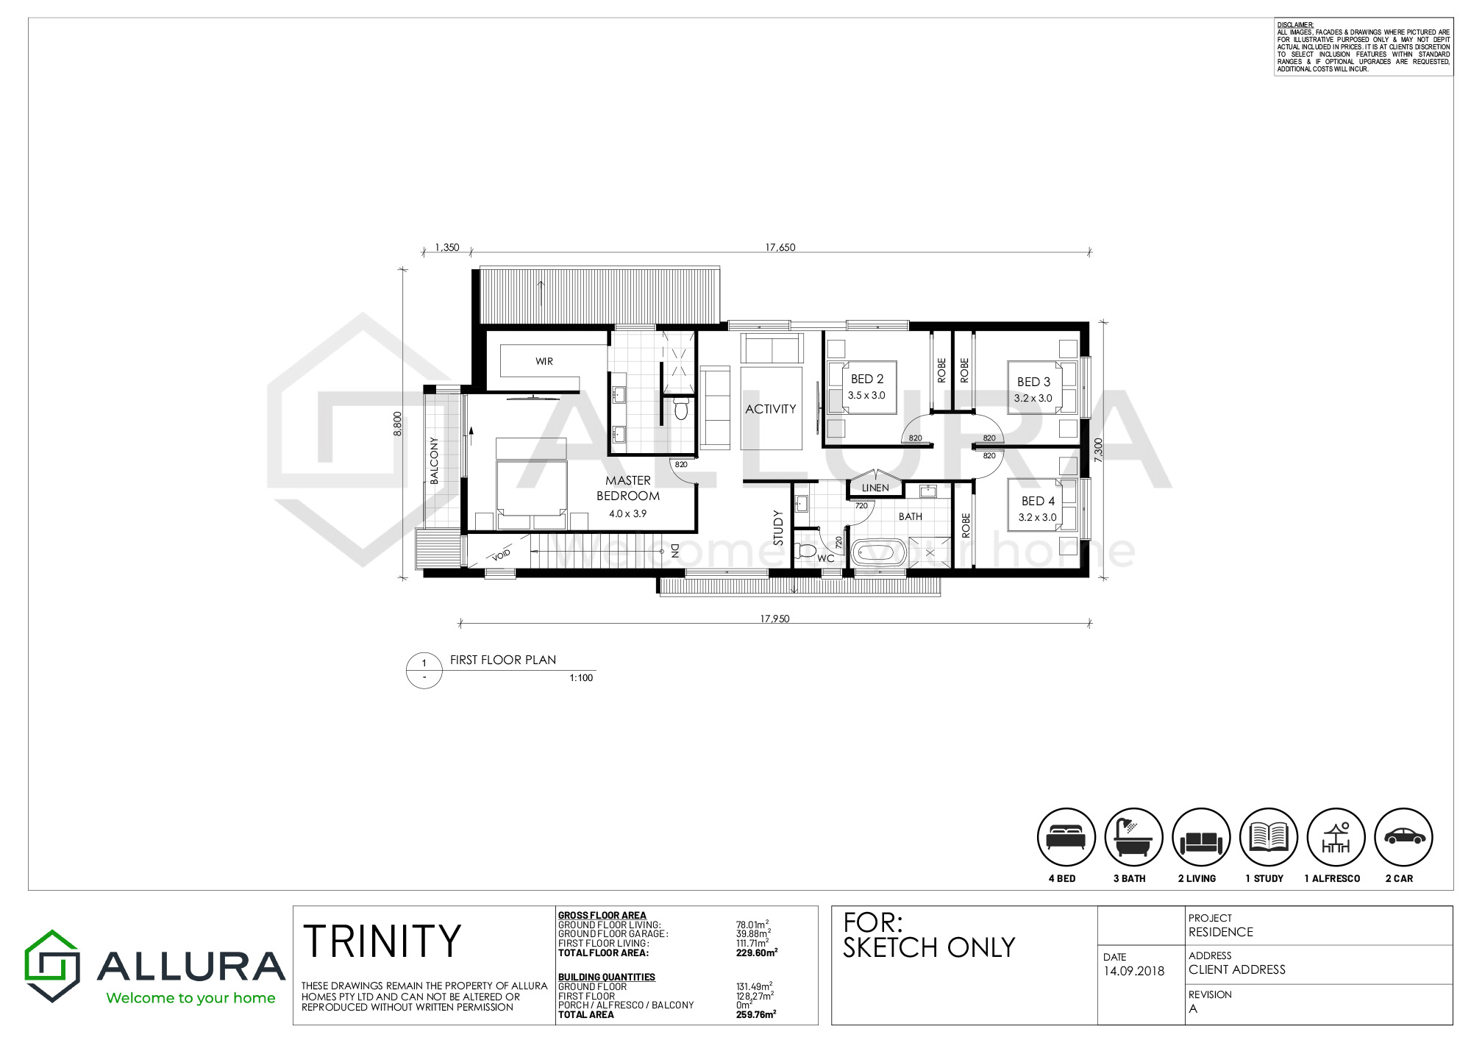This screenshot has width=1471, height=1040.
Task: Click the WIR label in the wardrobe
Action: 544,361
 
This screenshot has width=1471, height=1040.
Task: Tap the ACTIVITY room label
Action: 771,409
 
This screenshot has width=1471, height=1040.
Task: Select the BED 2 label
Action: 867,379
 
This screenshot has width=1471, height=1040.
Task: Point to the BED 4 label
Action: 1038,501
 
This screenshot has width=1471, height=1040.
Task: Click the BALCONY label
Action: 434,460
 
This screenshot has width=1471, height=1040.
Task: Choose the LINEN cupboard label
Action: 875,488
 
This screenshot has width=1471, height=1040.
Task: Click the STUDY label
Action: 778,528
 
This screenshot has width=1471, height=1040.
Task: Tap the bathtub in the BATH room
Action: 879,552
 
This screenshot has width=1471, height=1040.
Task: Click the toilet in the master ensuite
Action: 681,407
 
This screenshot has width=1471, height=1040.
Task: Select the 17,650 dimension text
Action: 780,247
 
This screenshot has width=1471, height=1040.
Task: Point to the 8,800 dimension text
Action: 398,423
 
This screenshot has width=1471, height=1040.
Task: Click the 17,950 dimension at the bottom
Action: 775,619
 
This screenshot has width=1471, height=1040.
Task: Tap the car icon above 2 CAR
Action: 1404,836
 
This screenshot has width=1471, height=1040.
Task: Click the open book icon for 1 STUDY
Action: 1269,837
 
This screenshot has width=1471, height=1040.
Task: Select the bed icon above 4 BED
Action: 1066,837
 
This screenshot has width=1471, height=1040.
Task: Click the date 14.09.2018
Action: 1134,971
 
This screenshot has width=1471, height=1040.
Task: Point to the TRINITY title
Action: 382,941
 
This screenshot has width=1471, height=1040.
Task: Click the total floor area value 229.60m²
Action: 757,952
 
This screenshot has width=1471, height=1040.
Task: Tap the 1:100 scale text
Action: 581,678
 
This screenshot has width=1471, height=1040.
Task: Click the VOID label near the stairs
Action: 501,555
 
